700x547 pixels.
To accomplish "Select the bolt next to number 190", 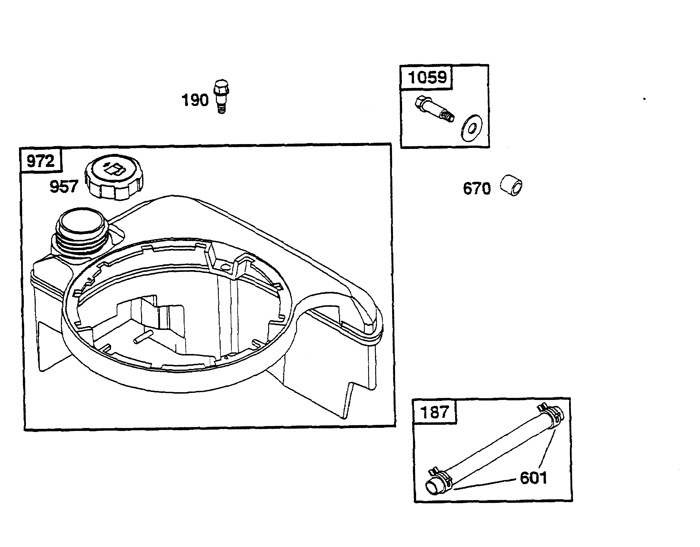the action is click(221, 96).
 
